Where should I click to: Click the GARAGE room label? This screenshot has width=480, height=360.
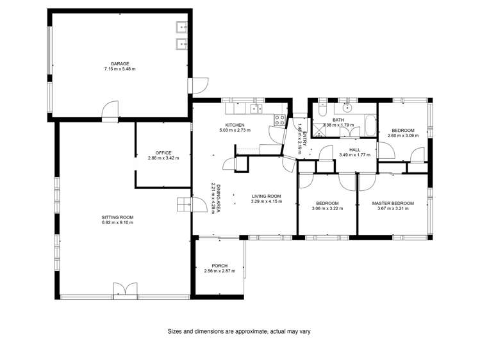point(120,63)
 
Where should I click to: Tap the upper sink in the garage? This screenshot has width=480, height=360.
point(181,28)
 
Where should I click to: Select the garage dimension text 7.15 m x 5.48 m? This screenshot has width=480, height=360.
point(120,69)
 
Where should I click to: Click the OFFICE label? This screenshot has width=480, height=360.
point(163,152)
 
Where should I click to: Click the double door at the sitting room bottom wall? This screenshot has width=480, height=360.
point(125,290)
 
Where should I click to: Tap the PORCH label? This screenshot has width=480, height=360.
point(220,266)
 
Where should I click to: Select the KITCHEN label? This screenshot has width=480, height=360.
point(235,125)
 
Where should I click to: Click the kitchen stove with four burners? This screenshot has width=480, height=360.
point(280,119)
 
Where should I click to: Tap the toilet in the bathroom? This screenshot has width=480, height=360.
point(322,104)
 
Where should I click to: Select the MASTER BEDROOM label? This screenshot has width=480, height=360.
point(393,203)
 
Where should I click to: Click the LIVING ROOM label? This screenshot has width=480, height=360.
point(267,196)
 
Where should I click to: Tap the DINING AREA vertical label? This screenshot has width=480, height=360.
point(218,199)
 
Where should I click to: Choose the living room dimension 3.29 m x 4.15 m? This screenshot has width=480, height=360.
point(267,202)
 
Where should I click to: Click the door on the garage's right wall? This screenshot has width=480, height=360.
point(199,85)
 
